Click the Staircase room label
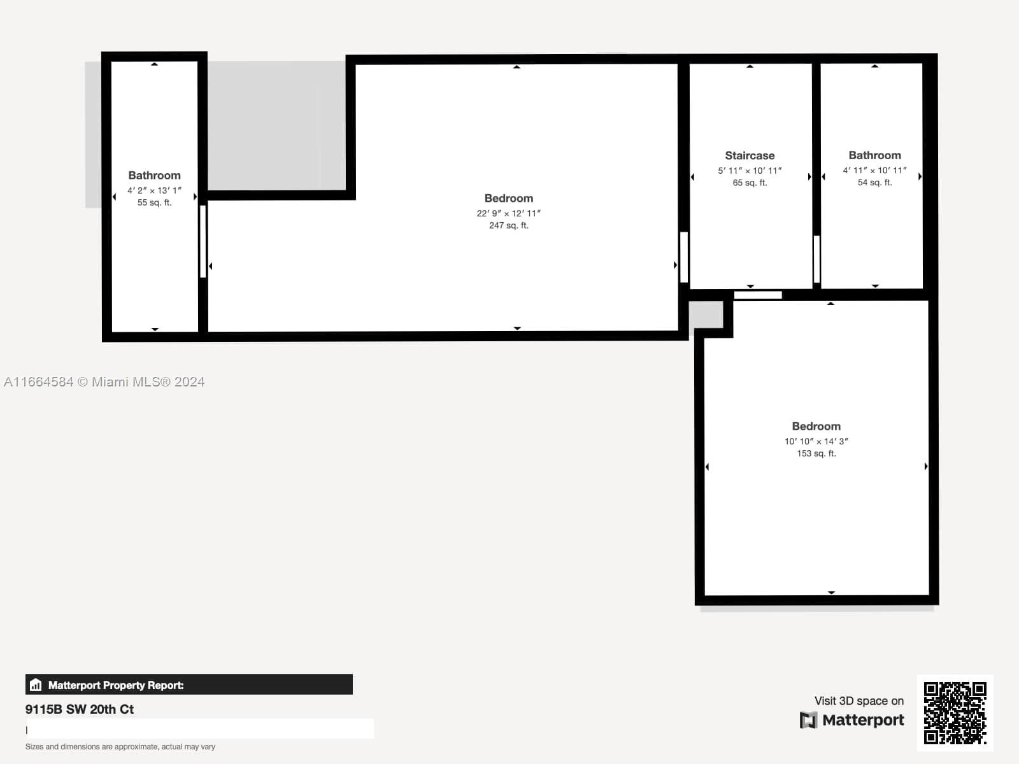pyautogui.click(x=750, y=155)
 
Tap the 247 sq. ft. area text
pyautogui.click(x=509, y=225)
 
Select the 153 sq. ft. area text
pyautogui.click(x=816, y=453)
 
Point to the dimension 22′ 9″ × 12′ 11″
pyautogui.click(x=509, y=213)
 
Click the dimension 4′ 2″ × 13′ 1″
pyautogui.click(x=155, y=190)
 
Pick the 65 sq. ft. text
pyautogui.click(x=750, y=183)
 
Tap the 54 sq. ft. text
pyautogui.click(x=874, y=182)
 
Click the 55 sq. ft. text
pyautogui.click(x=155, y=202)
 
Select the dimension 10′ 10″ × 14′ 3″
pyautogui.click(x=816, y=441)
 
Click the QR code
pyautogui.click(x=955, y=713)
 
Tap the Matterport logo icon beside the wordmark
pyautogui.click(x=808, y=721)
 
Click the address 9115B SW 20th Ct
pyautogui.click(x=80, y=709)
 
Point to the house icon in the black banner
pyautogui.click(x=36, y=684)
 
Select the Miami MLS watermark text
pyautogui.click(x=104, y=382)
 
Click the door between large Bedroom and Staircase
pyautogui.click(x=684, y=257)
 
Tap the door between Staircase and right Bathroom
pyautogui.click(x=816, y=259)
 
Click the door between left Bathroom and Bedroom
pyautogui.click(x=203, y=242)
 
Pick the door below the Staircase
pyautogui.click(x=758, y=295)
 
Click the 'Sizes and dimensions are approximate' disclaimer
pyautogui.click(x=120, y=747)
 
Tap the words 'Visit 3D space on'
pyautogui.click(x=859, y=701)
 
